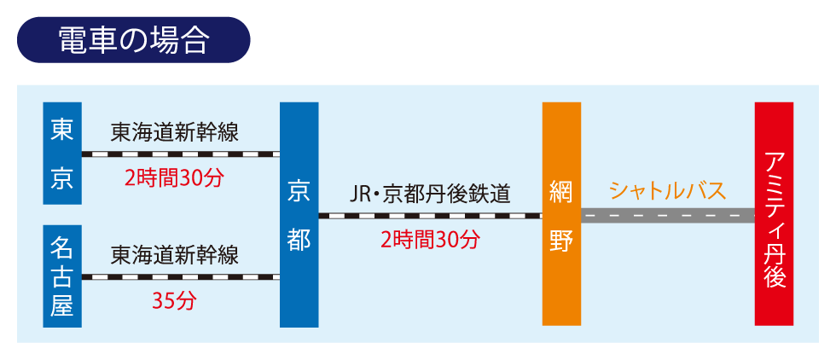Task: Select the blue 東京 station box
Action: pos(62,154)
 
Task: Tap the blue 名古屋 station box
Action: pos(62,276)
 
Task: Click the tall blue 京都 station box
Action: pos(299,214)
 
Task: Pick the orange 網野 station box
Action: pos(561,213)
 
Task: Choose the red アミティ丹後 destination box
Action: pos(774,213)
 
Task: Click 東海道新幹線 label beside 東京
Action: pos(175,132)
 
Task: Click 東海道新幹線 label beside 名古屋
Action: pos(175,254)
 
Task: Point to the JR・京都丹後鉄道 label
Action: pos(430,194)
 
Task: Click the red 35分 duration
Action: pos(175,300)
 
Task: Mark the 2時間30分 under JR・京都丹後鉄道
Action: pos(430,240)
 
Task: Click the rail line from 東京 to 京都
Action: pos(180,154)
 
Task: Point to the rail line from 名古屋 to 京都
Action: pos(180,276)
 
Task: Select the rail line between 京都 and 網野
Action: pos(430,216)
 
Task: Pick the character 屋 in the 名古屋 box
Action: pos(62,305)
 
